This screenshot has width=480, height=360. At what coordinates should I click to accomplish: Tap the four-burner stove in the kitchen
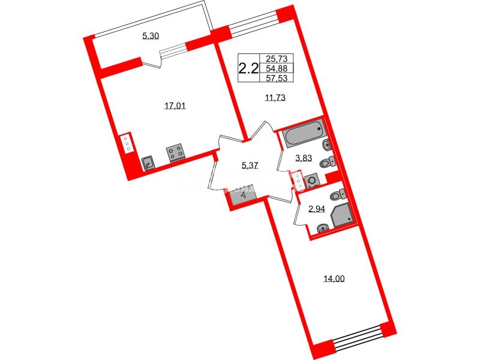click(176, 154)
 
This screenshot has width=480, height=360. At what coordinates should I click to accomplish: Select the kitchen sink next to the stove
click(148, 161)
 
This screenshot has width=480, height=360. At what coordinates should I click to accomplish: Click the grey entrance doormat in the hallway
click(242, 194)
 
